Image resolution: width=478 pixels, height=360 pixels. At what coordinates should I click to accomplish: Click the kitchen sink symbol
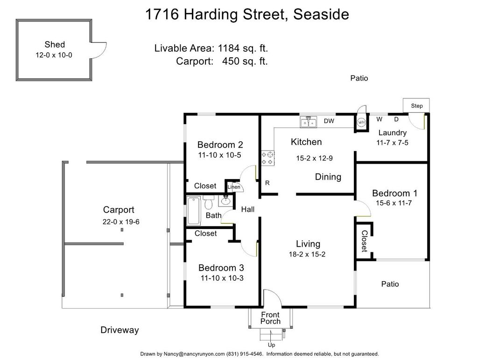[x=308, y=122]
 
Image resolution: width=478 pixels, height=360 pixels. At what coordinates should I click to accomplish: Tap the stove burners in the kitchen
[x=268, y=159]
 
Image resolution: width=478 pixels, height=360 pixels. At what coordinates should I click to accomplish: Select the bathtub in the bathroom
[x=194, y=210]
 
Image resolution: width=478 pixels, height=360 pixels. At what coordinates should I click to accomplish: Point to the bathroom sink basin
[x=225, y=201]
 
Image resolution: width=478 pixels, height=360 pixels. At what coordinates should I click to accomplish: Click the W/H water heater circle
[x=361, y=123]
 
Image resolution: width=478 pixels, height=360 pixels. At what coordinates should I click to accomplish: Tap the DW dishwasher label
[x=329, y=121]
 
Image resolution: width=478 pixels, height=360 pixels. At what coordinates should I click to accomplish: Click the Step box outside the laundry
[x=416, y=105]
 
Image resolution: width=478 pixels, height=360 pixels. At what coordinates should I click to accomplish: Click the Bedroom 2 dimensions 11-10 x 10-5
[x=219, y=155]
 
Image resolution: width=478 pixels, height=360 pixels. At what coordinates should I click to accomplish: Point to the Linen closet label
[x=234, y=187]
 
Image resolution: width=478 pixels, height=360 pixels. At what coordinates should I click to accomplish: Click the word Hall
[x=248, y=209]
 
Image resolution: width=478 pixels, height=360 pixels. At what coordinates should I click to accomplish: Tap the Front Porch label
[x=270, y=318]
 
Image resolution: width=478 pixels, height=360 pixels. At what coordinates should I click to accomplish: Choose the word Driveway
[x=119, y=330]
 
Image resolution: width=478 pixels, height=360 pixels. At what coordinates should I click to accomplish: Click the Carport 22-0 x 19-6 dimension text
[x=121, y=222]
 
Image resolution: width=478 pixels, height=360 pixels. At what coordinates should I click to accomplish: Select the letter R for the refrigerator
[x=267, y=183]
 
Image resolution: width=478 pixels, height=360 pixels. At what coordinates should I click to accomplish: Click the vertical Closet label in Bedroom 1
[x=364, y=241]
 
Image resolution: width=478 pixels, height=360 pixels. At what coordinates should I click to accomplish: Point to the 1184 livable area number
[x=229, y=48]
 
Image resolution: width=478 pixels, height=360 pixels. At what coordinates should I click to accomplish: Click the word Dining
[x=328, y=177]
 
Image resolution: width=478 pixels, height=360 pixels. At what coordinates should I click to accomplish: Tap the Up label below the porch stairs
[x=271, y=345]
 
